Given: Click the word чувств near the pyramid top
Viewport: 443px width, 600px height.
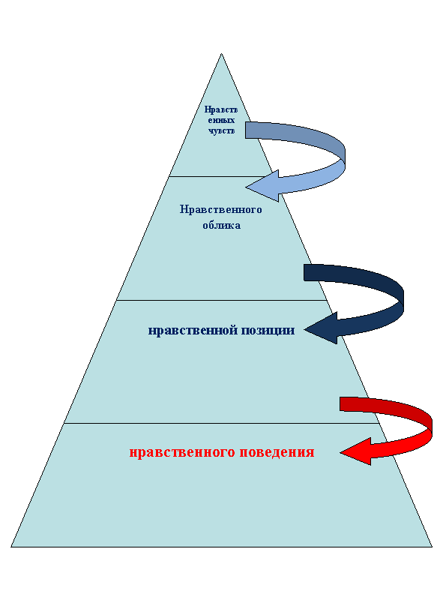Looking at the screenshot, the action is [x=222, y=130].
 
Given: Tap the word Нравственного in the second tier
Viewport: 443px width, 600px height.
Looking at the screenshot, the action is [x=220, y=209].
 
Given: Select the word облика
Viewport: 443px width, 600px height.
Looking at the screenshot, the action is [x=222, y=225].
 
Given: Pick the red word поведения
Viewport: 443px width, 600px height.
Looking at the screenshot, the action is [x=277, y=452].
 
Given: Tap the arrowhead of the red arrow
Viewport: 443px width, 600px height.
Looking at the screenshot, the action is [x=341, y=453].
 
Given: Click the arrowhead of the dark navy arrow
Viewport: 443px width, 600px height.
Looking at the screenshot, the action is [x=305, y=329].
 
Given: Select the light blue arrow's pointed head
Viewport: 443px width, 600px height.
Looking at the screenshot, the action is [x=246, y=187].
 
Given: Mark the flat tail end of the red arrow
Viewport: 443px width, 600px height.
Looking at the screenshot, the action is [x=340, y=404].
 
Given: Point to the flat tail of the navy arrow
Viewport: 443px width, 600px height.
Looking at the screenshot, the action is [x=304, y=272].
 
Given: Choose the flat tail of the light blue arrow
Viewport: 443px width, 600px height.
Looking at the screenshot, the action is [x=246, y=130].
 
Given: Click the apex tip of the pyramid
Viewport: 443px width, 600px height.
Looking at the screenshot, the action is [x=221, y=54].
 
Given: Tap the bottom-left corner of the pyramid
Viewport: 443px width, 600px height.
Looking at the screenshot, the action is [x=11, y=547].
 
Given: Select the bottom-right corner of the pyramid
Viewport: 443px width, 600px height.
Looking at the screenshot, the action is [x=432, y=547].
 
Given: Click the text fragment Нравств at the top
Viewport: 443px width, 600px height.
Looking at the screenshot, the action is [x=221, y=109].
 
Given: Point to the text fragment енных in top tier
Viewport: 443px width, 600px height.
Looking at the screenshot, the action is [x=221, y=121].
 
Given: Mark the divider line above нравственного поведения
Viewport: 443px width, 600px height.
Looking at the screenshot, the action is [x=222, y=423].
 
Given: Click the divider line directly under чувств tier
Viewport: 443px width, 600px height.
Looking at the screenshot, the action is [x=221, y=176].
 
